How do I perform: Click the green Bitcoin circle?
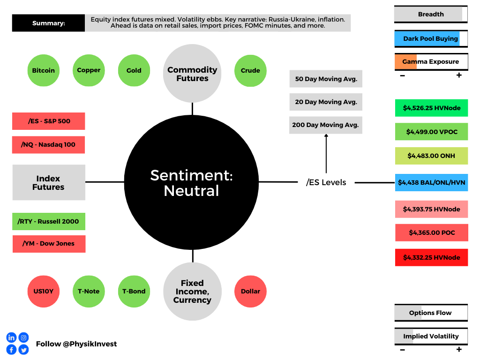coord(44,70)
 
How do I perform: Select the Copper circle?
coord(89,70)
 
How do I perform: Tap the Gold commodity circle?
coord(134,70)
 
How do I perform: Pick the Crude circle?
coord(250,71)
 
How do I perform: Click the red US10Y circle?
coord(44,292)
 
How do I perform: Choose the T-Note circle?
coord(89,292)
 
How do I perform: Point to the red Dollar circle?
coord(250,292)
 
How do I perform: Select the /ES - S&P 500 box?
coord(49,121)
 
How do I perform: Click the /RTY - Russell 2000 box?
coord(49,221)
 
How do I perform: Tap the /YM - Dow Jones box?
coord(49,244)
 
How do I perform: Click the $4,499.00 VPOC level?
coord(432,132)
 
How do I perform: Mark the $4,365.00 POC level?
coord(432,232)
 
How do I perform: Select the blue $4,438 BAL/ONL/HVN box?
coord(432,182)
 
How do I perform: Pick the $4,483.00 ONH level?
coord(432,156)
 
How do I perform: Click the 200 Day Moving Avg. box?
coord(326,125)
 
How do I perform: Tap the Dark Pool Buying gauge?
coord(431,38)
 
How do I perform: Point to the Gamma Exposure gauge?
coord(431,61)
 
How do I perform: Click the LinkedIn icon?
coord(11,337)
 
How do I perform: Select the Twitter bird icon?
coord(23,350)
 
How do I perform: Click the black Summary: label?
coord(48,23)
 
